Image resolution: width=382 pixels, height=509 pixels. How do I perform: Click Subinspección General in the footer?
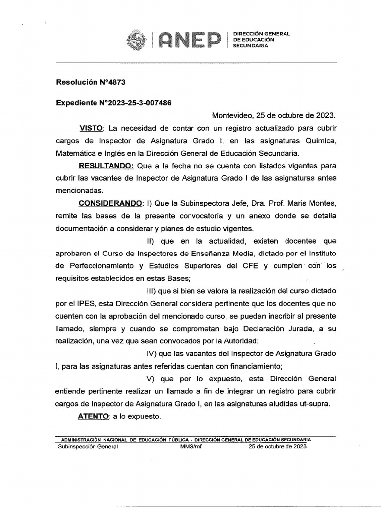coord(88,446)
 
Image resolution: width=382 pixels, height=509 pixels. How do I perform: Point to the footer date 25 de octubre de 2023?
coord(277,446)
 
